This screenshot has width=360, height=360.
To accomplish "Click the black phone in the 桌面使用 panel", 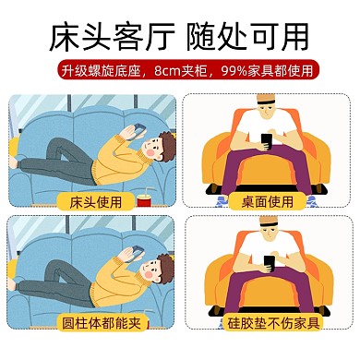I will [266, 140].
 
